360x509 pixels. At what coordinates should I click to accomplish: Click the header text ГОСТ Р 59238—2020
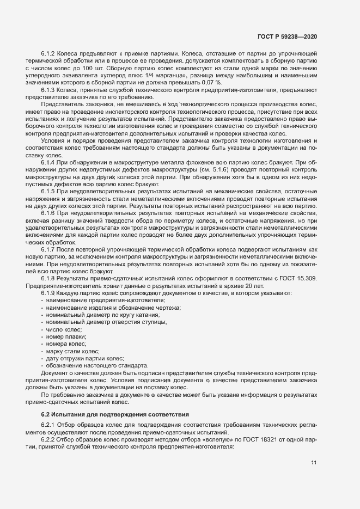287,36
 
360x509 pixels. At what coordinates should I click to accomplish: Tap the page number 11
314,463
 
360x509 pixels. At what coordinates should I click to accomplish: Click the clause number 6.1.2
49,54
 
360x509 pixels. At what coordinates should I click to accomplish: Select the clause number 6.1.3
49,89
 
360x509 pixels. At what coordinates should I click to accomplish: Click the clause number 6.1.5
49,191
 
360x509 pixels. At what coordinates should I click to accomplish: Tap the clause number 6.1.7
49,250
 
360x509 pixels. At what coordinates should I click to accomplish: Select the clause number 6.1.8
49,279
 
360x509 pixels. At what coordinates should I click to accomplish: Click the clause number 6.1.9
49,293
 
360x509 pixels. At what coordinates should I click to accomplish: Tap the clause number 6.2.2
49,439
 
